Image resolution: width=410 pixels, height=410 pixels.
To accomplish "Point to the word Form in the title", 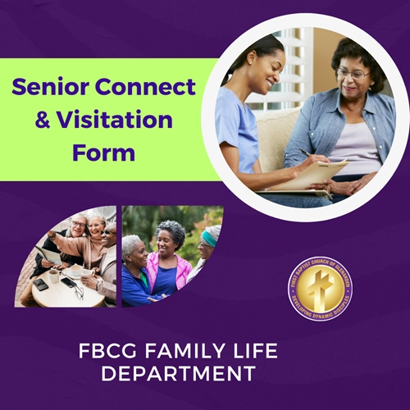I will (x=103, y=153).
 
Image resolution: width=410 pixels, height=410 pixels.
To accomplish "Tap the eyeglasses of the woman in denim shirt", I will (x=353, y=74).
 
